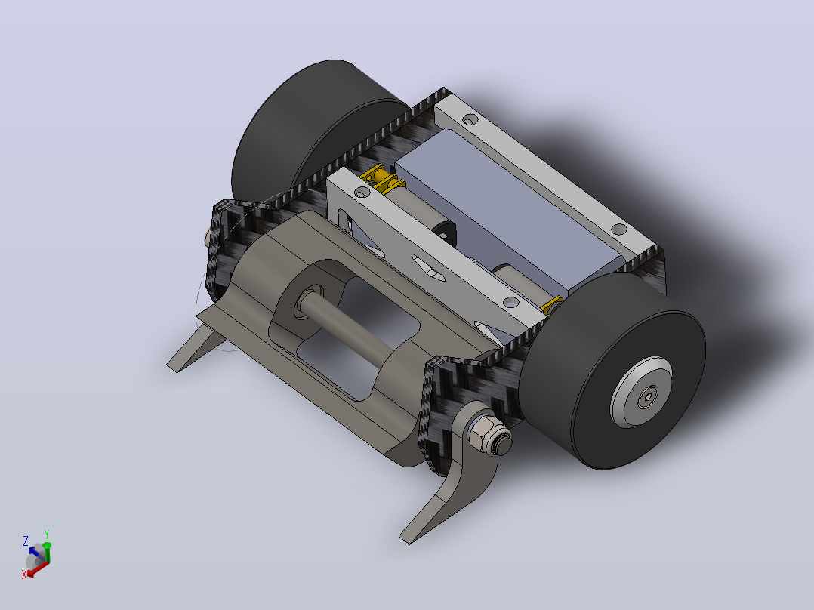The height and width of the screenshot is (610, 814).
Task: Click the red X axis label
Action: (x=24, y=575)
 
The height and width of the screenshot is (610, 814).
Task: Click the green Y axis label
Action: (x=47, y=534)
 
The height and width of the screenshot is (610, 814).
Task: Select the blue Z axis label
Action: (x=26, y=541)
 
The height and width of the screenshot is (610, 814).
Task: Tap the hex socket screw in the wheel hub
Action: (x=647, y=398)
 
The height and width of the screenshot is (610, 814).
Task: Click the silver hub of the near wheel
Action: (x=642, y=392)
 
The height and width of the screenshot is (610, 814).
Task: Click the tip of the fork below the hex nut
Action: (x=405, y=540)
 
